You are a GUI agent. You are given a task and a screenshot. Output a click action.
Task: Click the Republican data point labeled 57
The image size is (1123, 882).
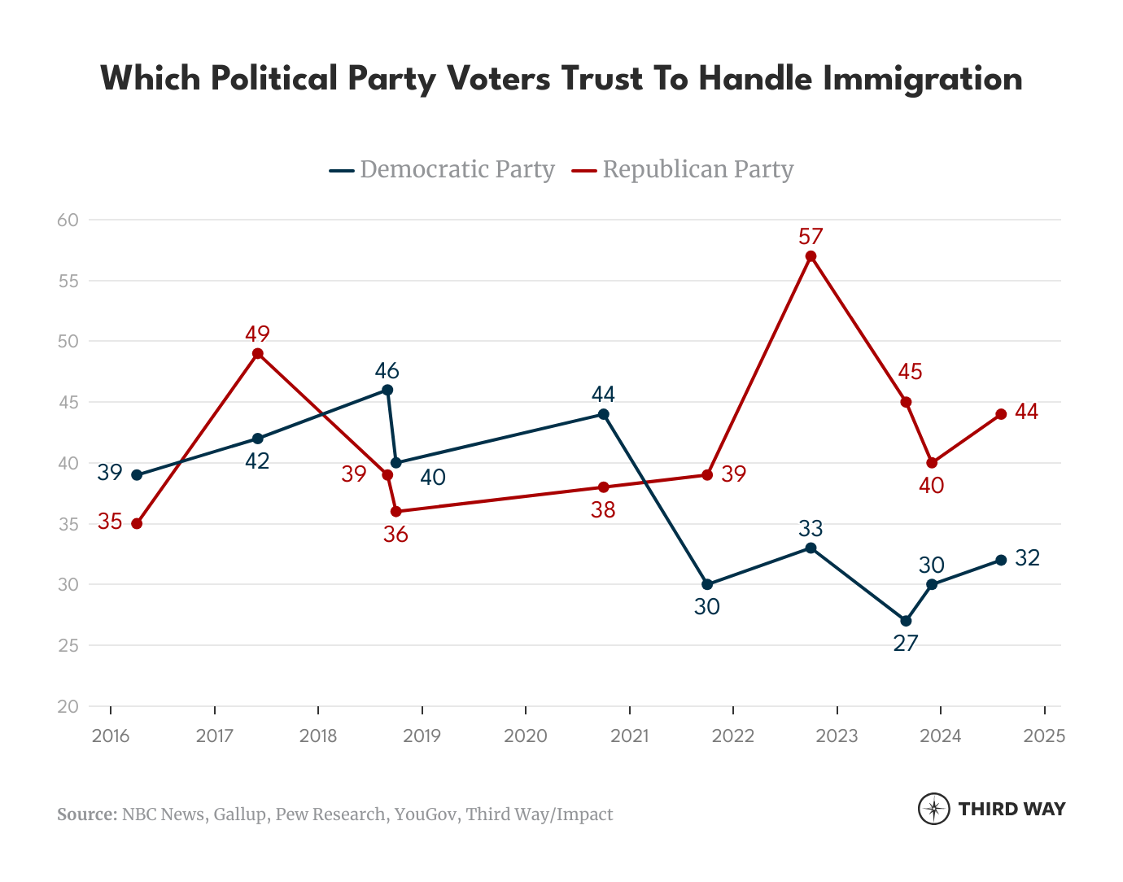[x=811, y=256]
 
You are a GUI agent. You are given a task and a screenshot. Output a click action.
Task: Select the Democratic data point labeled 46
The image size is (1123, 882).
[x=387, y=390]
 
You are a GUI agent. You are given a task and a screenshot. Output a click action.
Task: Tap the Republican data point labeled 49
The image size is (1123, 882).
[x=258, y=353]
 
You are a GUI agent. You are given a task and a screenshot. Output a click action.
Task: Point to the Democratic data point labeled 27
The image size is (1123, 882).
[x=906, y=621]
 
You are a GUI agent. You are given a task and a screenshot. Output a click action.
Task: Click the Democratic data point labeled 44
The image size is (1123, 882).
[x=603, y=414]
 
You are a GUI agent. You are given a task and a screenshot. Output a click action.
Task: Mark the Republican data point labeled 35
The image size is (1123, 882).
[x=137, y=523]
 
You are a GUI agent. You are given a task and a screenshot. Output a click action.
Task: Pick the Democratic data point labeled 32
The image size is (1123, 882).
[x=1001, y=560]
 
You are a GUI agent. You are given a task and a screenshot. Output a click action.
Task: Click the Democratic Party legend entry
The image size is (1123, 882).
[x=443, y=169]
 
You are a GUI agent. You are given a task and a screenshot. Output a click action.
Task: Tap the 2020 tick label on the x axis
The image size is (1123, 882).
[x=526, y=736]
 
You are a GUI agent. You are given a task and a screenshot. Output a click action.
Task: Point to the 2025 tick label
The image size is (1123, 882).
[x=1044, y=736]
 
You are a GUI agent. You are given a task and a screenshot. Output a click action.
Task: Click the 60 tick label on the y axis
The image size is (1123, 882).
[x=68, y=220]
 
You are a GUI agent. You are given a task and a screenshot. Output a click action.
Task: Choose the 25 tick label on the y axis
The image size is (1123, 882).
[x=68, y=645]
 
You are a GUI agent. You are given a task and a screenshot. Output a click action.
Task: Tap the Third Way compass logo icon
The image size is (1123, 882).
[x=933, y=809]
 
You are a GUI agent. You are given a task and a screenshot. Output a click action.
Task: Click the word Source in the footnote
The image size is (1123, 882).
[x=87, y=814]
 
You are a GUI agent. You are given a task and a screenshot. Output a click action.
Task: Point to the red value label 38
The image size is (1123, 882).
[x=603, y=510]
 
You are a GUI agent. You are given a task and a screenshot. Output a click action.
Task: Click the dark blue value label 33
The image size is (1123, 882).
[x=811, y=529]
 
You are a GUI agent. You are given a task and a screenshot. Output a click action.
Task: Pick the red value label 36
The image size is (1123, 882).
[x=395, y=535]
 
